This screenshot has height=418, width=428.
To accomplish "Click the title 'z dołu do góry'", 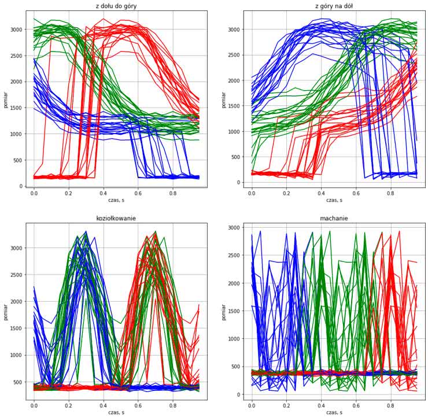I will pos(116,6).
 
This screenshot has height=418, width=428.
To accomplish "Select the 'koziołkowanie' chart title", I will pos(116,218).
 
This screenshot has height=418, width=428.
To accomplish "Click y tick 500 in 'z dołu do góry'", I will pos(17,160).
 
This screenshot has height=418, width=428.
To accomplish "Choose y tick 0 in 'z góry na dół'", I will pos(237,183).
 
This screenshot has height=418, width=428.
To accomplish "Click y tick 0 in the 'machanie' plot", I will pos(237,394).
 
